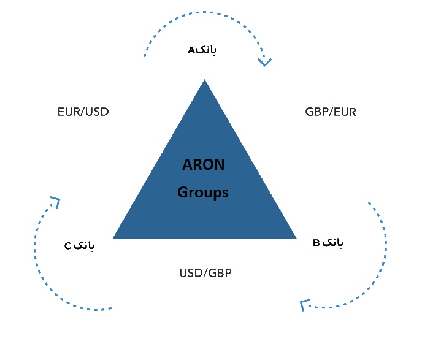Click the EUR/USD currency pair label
pos(83,112)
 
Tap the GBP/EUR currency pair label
pos(331,112)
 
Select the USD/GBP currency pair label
pos(205,273)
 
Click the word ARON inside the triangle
pos(204,164)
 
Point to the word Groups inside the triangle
pos(203,193)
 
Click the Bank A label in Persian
pos(202,50)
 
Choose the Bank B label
pos(328,242)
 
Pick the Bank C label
pos(79,246)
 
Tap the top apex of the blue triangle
pos(204,80)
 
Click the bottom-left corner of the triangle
pos(113,239)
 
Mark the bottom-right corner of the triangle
pos(296,239)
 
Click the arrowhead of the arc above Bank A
pos(264,63)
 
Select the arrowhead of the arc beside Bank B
pos(304,305)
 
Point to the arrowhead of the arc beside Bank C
pos(56,201)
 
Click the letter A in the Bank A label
pos(191,50)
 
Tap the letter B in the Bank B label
pos(316,243)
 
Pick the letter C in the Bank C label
pos(68,247)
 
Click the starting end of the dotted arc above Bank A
pos(145,56)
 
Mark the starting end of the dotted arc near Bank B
pos(369,203)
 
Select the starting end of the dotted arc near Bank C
pos(111,308)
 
